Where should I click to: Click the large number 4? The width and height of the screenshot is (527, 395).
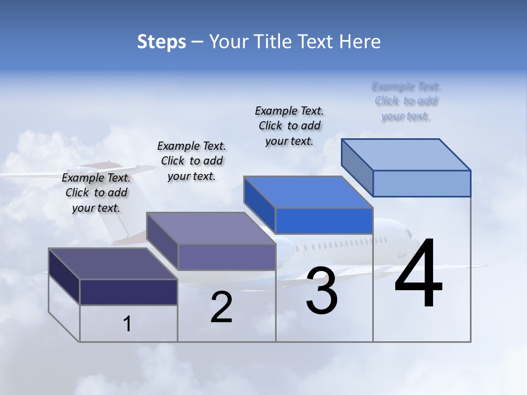coord(418,274)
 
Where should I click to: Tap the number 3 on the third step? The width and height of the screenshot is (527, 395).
coord(322,291)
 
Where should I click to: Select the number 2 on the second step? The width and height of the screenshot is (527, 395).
coord(221,307)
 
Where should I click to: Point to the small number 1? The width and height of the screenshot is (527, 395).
coord(127,324)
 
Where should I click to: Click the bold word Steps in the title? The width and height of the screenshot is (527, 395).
coord(161,42)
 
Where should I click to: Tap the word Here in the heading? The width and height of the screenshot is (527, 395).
coord(360,42)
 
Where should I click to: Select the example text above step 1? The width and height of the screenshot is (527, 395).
coord(96,193)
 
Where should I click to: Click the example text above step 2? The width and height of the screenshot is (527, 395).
coord(192,161)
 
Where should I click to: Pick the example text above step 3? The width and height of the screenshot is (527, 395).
coord(289,126)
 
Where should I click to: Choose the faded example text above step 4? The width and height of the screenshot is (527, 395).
coord(406,101)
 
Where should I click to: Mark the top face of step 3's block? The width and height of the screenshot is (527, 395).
coord(308,193)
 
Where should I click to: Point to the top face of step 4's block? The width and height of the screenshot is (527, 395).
coord(406,155)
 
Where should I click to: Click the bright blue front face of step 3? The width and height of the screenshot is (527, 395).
coord(324,221)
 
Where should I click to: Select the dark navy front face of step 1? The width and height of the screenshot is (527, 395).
coord(128,292)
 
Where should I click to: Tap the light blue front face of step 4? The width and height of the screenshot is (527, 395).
coord(422,183)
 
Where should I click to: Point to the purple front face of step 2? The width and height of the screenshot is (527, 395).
coord(227,257)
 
